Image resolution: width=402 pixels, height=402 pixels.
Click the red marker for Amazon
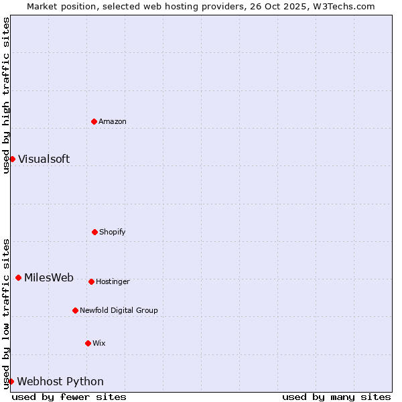coord(94,121)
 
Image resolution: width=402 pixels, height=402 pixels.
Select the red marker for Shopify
coord(94,232)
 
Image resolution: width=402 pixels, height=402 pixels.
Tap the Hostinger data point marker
coord(91,281)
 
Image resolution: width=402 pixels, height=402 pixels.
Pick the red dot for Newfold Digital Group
coord(75,310)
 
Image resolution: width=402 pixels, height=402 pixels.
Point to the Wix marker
coord(88,343)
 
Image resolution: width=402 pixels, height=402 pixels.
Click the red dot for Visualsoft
coord(12,159)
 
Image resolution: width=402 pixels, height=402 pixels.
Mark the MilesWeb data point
coord(18,278)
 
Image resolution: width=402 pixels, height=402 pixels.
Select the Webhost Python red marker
coord(11,381)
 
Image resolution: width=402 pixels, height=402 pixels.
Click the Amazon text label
coord(113,121)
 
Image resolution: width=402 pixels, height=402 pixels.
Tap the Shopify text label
coord(113,232)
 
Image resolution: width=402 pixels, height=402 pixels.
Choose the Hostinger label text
coord(113,281)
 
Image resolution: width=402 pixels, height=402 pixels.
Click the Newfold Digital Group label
coord(119,310)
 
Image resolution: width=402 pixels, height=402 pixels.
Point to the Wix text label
coord(99,343)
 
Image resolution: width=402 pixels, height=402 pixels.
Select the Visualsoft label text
coord(44,159)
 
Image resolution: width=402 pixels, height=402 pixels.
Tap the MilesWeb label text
coord(49,278)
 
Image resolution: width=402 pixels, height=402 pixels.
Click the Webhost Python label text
coord(60,381)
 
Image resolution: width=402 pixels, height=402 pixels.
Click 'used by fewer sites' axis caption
coord(69,397)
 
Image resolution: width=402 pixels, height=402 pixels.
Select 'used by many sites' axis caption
coord(336,397)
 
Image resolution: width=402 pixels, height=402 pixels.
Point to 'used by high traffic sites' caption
coord(6,95)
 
